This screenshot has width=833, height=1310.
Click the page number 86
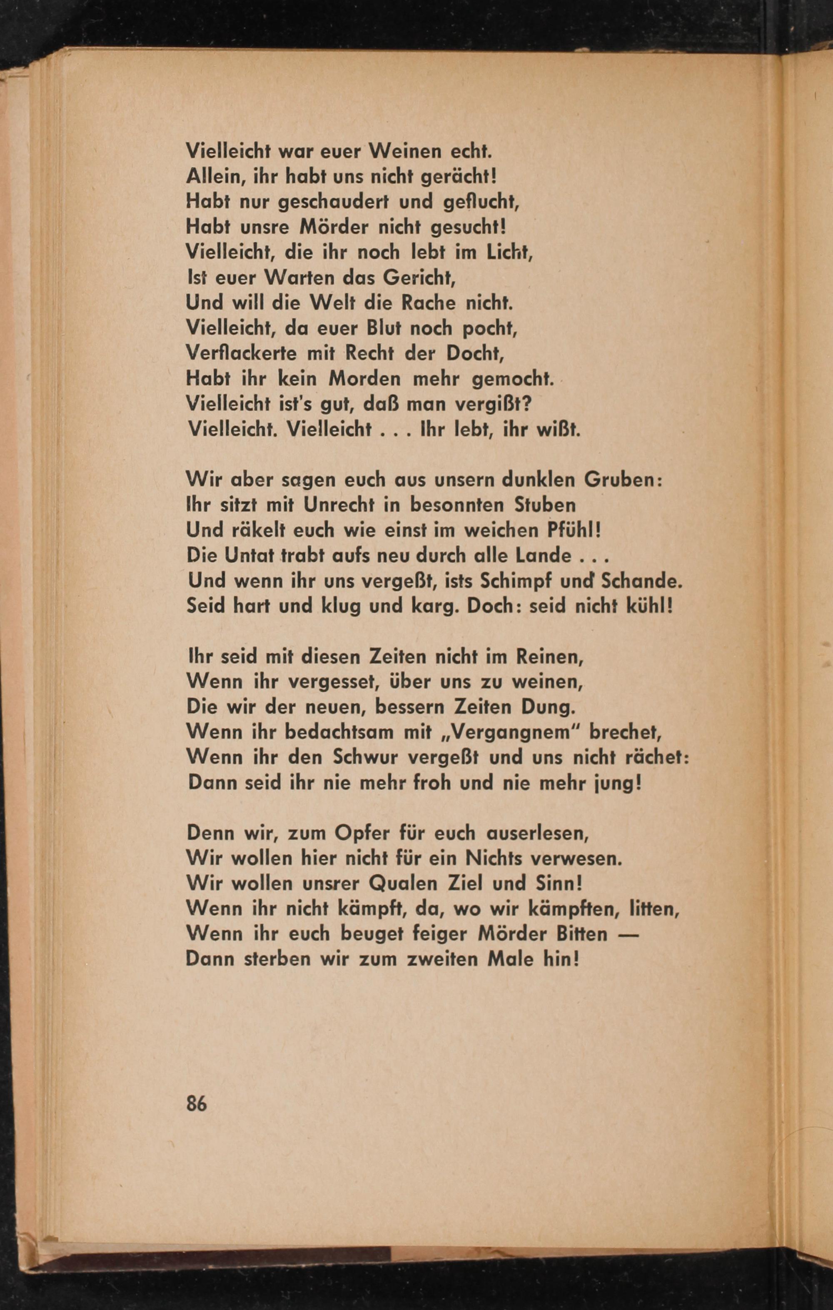pyautogui.click(x=197, y=1104)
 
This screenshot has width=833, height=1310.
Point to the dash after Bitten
pyautogui.click(x=629, y=934)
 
